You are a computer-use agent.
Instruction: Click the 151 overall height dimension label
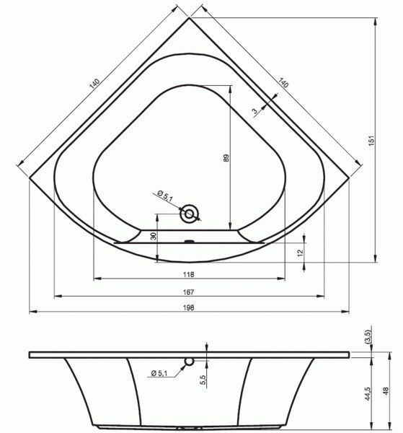pos(372,140)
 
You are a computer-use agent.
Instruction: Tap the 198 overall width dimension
pos(189,307)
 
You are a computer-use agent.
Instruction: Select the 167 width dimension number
pos(189,292)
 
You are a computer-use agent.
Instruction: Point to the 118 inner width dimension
pos(189,274)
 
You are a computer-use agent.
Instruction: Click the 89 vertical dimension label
pos(226,158)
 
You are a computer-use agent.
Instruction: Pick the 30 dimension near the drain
pos(154,236)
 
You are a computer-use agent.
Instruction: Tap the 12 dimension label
pos(301,252)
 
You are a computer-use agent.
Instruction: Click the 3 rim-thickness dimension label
pos(254,111)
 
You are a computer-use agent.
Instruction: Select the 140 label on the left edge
pos(94,84)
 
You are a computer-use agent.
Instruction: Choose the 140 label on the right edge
pos(283,82)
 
